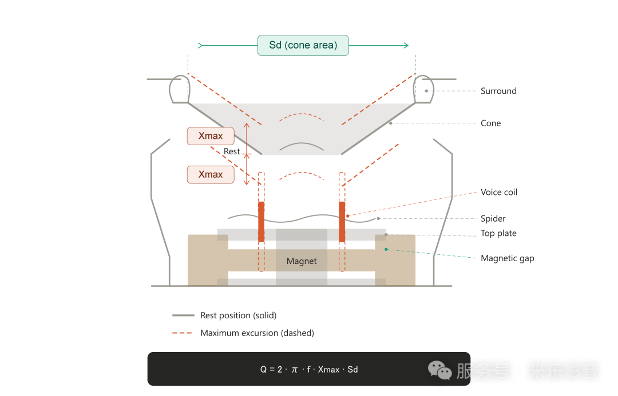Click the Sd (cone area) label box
[x=303, y=45]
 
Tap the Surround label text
[x=498, y=91]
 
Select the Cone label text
[x=490, y=123]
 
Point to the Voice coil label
[x=499, y=192]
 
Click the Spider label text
[x=493, y=218]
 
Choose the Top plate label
[x=498, y=233]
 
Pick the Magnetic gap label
[x=507, y=258]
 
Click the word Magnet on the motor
[x=302, y=261]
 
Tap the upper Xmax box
[x=211, y=136]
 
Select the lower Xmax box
[x=211, y=174]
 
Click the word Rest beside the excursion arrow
[x=232, y=151]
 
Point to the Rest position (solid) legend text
[x=238, y=315]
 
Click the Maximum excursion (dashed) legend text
[x=257, y=333]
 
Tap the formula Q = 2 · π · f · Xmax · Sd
[x=309, y=369]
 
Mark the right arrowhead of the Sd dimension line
[x=406, y=45]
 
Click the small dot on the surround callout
[x=426, y=91]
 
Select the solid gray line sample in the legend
[x=183, y=315]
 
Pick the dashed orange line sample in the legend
[x=183, y=333]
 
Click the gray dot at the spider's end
[x=378, y=218]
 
